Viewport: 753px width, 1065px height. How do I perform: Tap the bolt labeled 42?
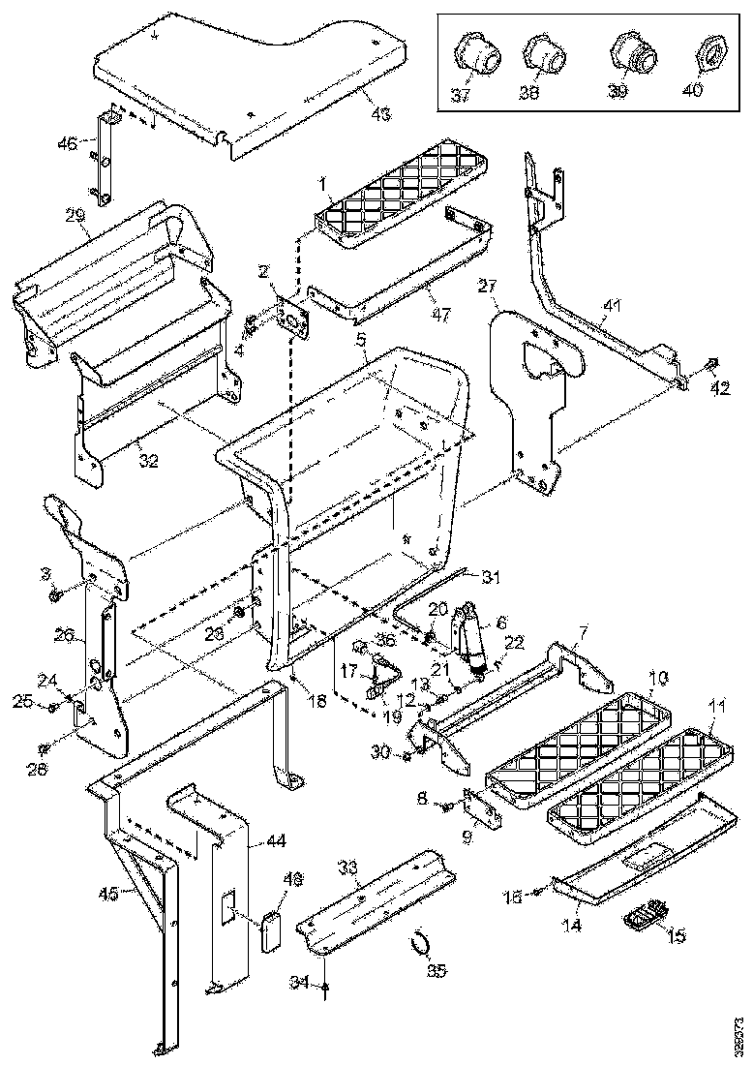[711, 364]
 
